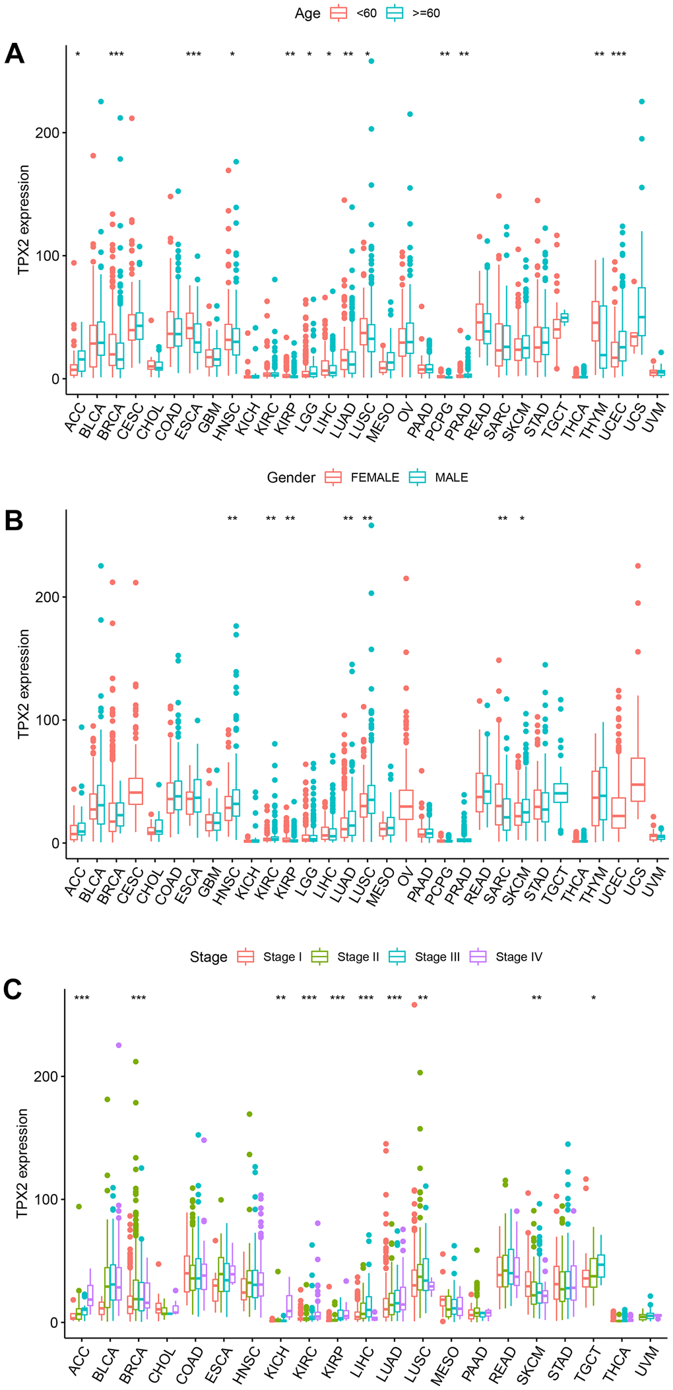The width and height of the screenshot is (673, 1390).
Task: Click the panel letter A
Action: tap(15, 53)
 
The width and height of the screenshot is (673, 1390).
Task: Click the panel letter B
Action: tap(14, 520)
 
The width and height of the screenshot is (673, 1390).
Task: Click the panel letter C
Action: tap(15, 989)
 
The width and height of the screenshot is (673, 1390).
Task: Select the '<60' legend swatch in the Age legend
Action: tap(339, 13)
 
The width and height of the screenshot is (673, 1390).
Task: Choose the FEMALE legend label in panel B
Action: tap(375, 477)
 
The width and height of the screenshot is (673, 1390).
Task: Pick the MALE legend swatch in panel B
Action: tap(418, 477)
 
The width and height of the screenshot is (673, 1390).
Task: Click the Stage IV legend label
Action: tap(519, 957)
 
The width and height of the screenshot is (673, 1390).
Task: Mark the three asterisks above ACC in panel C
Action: tap(82, 998)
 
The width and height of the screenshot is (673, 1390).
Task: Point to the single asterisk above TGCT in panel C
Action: tap(594, 998)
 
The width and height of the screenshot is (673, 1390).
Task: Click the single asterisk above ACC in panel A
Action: tap(77, 55)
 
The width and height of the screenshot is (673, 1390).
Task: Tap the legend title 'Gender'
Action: tap(291, 477)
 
